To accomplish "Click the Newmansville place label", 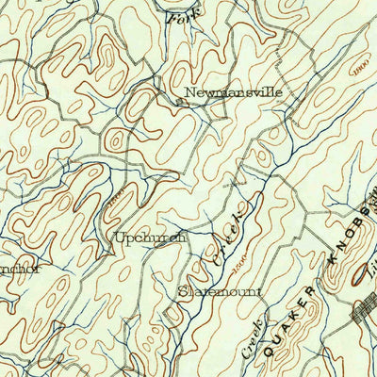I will coord(233,93).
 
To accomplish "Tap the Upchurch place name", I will coord(150,238).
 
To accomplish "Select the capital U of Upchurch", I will coord(119,238).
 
